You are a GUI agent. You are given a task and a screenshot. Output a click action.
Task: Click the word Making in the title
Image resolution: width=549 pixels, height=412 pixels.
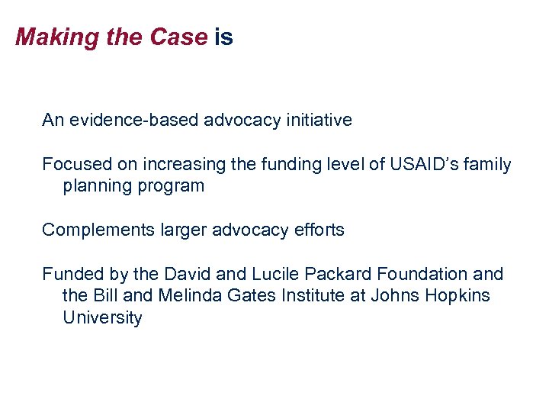click(47, 37)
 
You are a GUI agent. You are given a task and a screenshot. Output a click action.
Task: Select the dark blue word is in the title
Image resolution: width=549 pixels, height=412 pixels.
click(223, 37)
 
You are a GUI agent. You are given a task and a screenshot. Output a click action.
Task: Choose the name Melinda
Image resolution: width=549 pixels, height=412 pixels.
click(191, 295)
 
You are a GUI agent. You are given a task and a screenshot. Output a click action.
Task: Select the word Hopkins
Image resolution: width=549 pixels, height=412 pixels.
click(458, 295)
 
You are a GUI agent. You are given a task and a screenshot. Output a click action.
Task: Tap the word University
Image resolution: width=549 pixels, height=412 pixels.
click(102, 317)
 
